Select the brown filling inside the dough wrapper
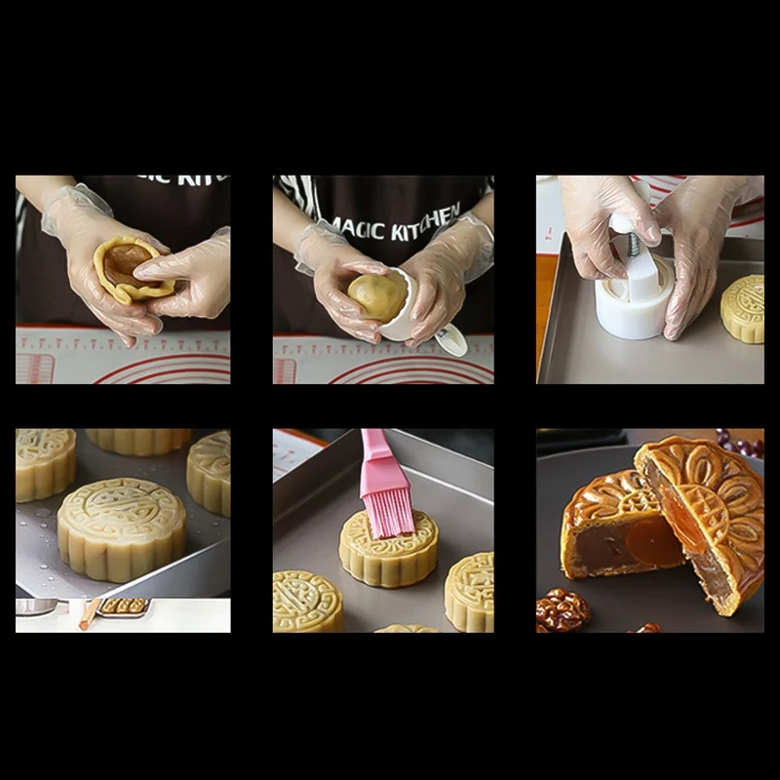(x=126, y=263)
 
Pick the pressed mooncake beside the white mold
(x=743, y=308)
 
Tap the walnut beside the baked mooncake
(x=563, y=609)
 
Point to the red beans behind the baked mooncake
(x=741, y=445)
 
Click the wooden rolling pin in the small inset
(x=88, y=614)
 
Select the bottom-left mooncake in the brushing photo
(x=306, y=601)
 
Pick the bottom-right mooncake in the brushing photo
(x=470, y=591)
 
